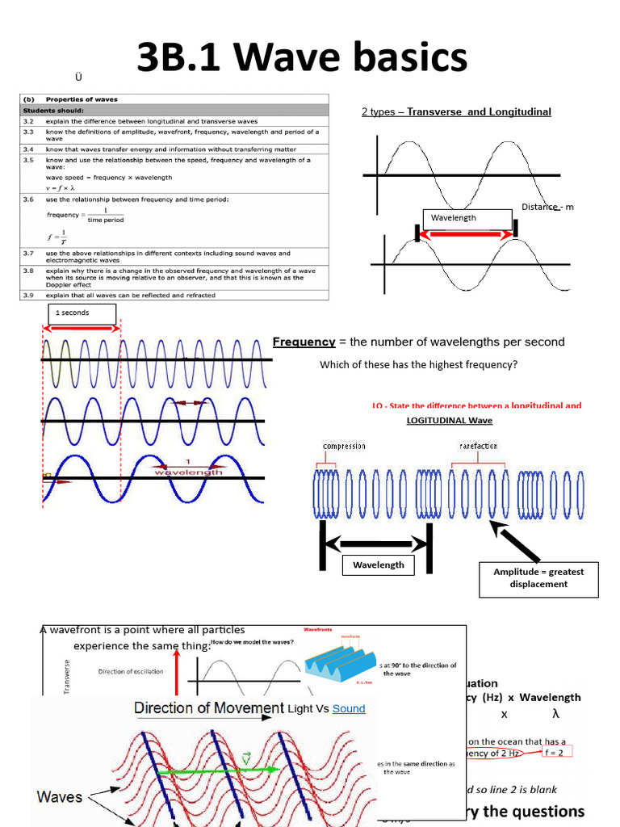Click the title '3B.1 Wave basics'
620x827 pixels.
point(302,59)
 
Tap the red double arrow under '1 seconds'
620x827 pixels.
point(83,328)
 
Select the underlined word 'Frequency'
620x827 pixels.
point(304,342)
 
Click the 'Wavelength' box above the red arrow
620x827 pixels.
point(467,218)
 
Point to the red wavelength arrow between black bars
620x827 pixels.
point(466,234)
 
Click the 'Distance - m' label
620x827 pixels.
point(547,207)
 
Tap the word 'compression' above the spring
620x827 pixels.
point(344,446)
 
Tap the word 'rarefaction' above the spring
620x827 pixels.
point(478,446)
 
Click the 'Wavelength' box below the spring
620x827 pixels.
point(378,565)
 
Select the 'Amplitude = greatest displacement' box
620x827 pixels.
point(538,577)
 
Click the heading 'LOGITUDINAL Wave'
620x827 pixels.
point(450,420)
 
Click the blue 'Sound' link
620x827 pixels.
point(349,708)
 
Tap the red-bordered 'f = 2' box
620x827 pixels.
point(556,752)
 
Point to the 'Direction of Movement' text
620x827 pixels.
point(209,708)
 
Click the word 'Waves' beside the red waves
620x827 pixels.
point(60,796)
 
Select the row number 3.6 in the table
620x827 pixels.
point(28,199)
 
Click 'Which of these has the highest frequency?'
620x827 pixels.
point(418,364)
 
